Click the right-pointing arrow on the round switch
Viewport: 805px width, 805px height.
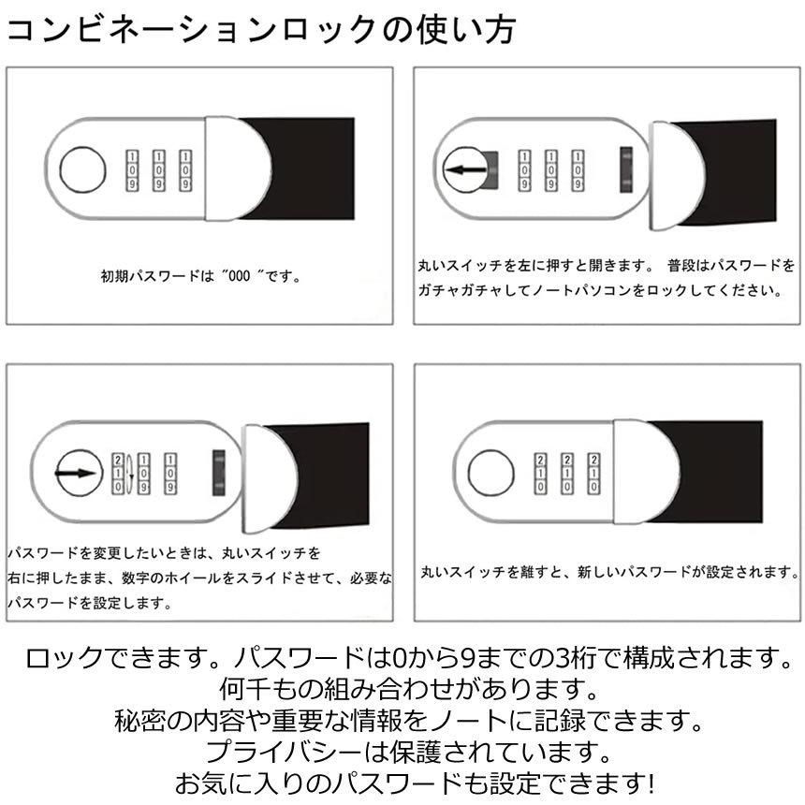point(78,474)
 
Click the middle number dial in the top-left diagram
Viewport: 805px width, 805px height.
point(158,169)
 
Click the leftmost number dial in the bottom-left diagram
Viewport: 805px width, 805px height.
point(118,474)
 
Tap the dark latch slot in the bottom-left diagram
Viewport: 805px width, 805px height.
point(219,474)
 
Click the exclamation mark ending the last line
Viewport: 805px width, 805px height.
point(650,781)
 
